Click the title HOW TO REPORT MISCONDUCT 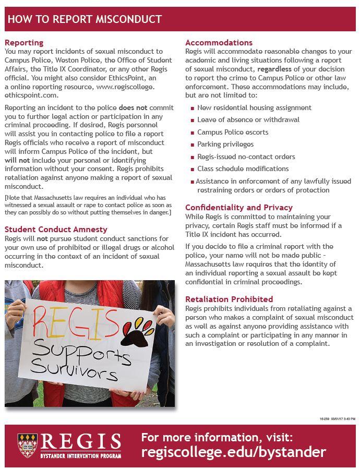[85, 20]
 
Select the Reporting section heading [24, 43]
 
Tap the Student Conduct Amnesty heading [56, 229]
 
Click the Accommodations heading [219, 43]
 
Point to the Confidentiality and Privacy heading [239, 207]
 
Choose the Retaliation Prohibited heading [229, 299]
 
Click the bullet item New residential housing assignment [254, 107]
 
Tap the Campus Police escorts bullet [233, 132]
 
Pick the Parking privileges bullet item [225, 144]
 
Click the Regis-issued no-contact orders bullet [246, 157]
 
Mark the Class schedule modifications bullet [243, 169]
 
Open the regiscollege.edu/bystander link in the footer [233, 452]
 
